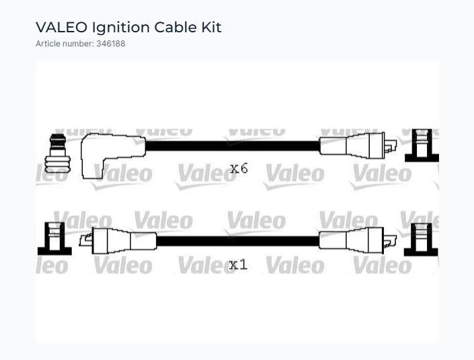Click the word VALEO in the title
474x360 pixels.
[x=61, y=28]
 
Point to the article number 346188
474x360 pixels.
[x=110, y=44]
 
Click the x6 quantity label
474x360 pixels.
[x=239, y=168]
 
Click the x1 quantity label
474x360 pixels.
[x=238, y=264]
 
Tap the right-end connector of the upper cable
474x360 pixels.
[x=353, y=145]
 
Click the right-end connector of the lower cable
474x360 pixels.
[x=353, y=240]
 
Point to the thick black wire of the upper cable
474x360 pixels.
[x=232, y=145]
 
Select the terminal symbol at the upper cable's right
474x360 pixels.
[x=422, y=145]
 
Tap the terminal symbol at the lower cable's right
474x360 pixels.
[x=421, y=240]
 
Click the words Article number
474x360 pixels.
[x=65, y=44]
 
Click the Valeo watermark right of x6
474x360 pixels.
[x=294, y=175]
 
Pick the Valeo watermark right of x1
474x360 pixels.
[x=294, y=265]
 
